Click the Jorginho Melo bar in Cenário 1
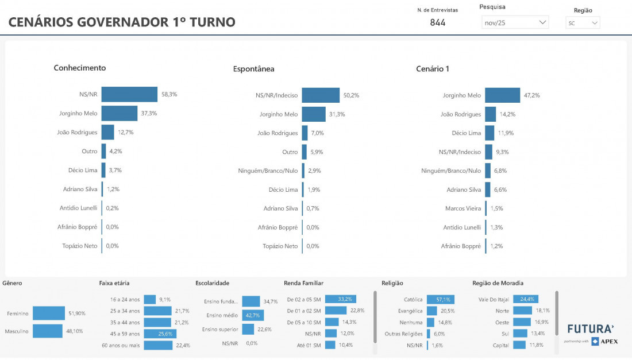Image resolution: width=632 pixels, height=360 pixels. click(x=502, y=95)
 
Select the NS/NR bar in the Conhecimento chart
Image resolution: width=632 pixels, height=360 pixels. click(x=129, y=94)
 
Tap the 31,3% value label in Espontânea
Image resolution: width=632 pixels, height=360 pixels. click(x=337, y=114)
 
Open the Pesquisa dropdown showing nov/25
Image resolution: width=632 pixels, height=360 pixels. click(x=515, y=22)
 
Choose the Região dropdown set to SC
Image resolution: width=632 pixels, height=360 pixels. click(x=583, y=23)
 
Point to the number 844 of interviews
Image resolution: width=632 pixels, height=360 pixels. click(x=438, y=23)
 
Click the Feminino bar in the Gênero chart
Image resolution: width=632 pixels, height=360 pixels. click(x=49, y=313)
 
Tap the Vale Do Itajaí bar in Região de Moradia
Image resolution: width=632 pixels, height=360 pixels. click(x=526, y=299)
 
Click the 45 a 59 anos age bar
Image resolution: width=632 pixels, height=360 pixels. click(x=160, y=334)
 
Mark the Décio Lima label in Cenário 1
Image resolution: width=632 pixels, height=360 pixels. click(x=466, y=133)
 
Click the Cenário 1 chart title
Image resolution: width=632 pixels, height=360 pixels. click(x=433, y=69)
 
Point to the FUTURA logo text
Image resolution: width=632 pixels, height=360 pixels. click(x=591, y=329)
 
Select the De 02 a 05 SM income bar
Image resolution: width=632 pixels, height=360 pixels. click(x=341, y=299)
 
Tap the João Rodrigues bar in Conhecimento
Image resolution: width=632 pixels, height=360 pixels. click(x=108, y=132)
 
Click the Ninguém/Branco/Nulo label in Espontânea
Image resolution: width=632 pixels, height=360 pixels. click(x=268, y=171)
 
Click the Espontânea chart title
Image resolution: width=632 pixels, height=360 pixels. click(x=253, y=69)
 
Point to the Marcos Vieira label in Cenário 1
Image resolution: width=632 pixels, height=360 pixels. click(x=463, y=208)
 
